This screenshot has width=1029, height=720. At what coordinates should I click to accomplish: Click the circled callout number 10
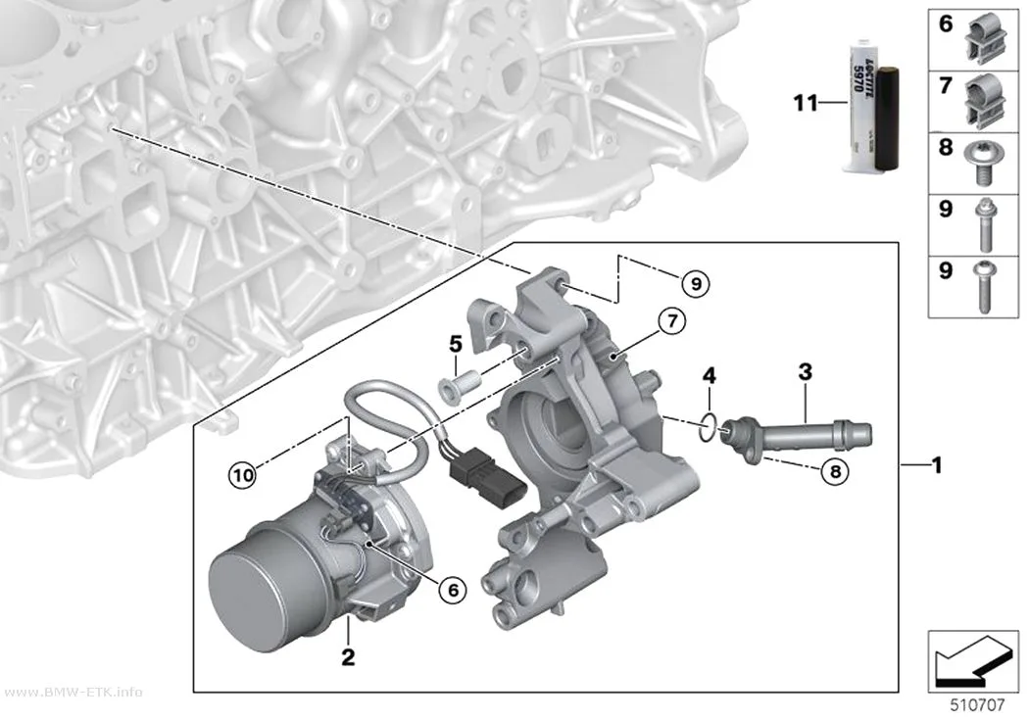tap(243, 474)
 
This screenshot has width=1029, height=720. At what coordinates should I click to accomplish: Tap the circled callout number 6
tap(453, 590)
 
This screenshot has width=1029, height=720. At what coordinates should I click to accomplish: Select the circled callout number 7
tap(672, 321)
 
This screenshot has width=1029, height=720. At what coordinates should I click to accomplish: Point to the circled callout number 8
tap(835, 471)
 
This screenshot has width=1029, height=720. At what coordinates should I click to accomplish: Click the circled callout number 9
tap(696, 283)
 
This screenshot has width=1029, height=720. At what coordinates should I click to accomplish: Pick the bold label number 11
tap(806, 103)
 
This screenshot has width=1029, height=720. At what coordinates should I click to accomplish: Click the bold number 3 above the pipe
tap(806, 372)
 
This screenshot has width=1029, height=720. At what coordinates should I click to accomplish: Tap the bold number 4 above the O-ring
tap(709, 376)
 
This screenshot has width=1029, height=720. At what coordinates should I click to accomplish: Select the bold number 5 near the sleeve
tap(456, 344)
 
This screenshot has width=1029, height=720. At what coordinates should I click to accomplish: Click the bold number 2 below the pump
tap(348, 656)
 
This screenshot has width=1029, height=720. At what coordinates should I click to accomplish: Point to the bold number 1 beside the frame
tap(937, 465)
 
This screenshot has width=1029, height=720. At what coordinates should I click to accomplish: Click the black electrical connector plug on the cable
tap(488, 482)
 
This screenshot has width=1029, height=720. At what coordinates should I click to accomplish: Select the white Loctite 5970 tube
tap(861, 107)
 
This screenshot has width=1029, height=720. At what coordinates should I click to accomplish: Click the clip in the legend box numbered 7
tap(985, 99)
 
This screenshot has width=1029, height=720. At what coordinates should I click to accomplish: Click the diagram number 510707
tap(977, 705)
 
